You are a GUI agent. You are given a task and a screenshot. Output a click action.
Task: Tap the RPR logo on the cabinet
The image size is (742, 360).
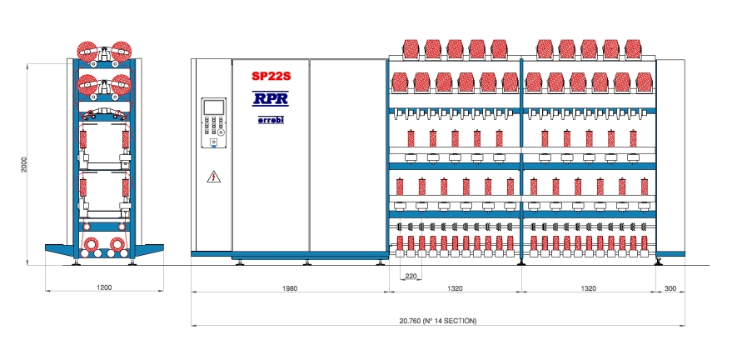(x=270, y=98)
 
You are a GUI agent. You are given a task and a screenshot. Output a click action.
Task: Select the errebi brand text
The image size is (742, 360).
(x=271, y=120)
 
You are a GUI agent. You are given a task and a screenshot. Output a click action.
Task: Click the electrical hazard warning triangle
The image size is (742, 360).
(x=214, y=177)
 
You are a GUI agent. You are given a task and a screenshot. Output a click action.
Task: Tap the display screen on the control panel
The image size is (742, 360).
(x=214, y=107)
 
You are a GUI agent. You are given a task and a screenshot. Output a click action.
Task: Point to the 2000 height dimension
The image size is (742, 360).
(x=25, y=164)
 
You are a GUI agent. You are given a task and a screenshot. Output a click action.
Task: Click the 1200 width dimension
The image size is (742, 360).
(x=104, y=287)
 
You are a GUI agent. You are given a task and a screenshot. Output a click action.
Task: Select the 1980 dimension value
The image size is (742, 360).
(x=290, y=288)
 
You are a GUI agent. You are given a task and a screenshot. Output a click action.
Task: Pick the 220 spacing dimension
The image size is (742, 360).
(x=411, y=276)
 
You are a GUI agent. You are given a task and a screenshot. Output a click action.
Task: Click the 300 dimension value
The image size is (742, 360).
(x=670, y=288)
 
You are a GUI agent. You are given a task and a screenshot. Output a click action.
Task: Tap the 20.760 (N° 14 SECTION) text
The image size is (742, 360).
(x=438, y=321)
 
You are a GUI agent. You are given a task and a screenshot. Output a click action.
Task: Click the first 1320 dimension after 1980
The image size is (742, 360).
(x=455, y=288)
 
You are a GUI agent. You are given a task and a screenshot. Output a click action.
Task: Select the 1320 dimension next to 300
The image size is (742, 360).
(x=588, y=288)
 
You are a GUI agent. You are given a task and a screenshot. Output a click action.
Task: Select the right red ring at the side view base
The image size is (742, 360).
(x=117, y=244)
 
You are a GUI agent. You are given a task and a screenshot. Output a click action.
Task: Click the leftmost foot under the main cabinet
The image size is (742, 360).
(x=240, y=262)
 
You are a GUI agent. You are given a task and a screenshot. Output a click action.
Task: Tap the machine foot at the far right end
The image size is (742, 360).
(x=659, y=261)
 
